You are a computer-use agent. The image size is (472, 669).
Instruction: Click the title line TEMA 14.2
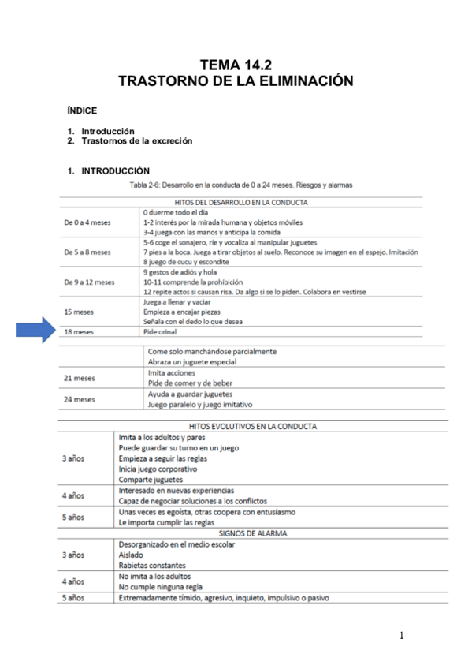[x=236, y=65]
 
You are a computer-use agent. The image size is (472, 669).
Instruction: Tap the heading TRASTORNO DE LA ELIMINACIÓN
[x=236, y=80]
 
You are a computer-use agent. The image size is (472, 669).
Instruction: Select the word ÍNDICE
[x=82, y=111]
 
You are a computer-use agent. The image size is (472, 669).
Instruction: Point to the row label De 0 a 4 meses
[x=87, y=222]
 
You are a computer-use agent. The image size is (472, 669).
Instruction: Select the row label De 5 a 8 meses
[x=87, y=252]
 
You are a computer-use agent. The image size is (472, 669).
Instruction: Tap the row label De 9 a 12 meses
[x=89, y=282]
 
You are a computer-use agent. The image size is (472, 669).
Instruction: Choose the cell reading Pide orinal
[x=160, y=332]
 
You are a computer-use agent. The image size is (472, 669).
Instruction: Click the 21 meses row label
[x=79, y=378]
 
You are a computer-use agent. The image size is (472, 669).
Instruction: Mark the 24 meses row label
[x=79, y=399]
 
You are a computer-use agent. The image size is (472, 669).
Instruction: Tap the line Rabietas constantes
[x=153, y=565]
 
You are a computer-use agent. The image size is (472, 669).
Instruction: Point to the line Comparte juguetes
[x=151, y=479]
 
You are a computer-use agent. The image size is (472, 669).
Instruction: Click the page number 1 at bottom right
[x=401, y=635]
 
